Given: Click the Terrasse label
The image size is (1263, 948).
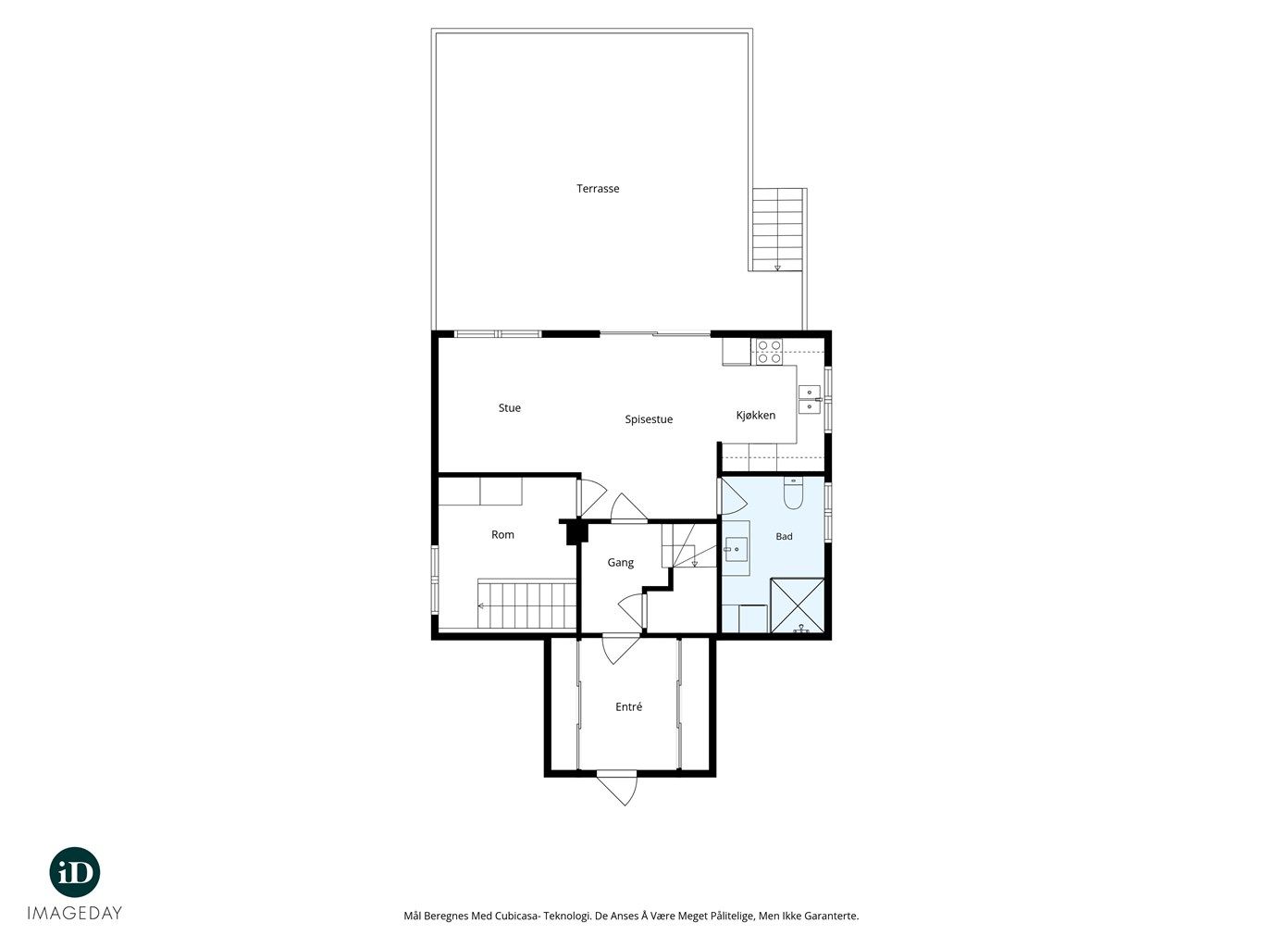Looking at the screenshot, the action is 597,188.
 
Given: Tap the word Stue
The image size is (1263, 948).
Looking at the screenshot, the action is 509,407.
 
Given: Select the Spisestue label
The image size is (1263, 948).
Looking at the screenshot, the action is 649,419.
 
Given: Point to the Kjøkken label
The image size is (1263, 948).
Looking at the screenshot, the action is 756,415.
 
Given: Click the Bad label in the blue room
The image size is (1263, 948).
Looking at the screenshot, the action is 784,536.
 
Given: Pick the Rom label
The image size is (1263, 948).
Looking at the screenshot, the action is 502,535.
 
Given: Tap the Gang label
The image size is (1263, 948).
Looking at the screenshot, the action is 620,562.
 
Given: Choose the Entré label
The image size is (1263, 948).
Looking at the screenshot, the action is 628,706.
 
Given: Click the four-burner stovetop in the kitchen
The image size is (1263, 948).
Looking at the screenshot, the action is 769,352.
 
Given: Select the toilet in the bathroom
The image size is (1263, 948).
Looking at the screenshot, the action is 793,494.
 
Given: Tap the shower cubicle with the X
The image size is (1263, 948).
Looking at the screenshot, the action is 798,606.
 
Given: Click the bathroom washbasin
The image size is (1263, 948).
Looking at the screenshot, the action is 736,549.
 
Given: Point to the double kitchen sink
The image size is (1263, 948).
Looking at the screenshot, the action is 809,399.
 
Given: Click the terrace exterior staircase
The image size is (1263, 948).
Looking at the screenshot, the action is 777,229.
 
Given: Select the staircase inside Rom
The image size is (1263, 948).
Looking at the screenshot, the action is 526,605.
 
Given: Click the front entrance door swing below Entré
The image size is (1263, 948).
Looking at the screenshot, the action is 617,789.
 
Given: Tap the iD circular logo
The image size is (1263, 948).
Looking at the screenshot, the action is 75,872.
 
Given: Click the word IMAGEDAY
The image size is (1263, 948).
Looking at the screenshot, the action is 75,913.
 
